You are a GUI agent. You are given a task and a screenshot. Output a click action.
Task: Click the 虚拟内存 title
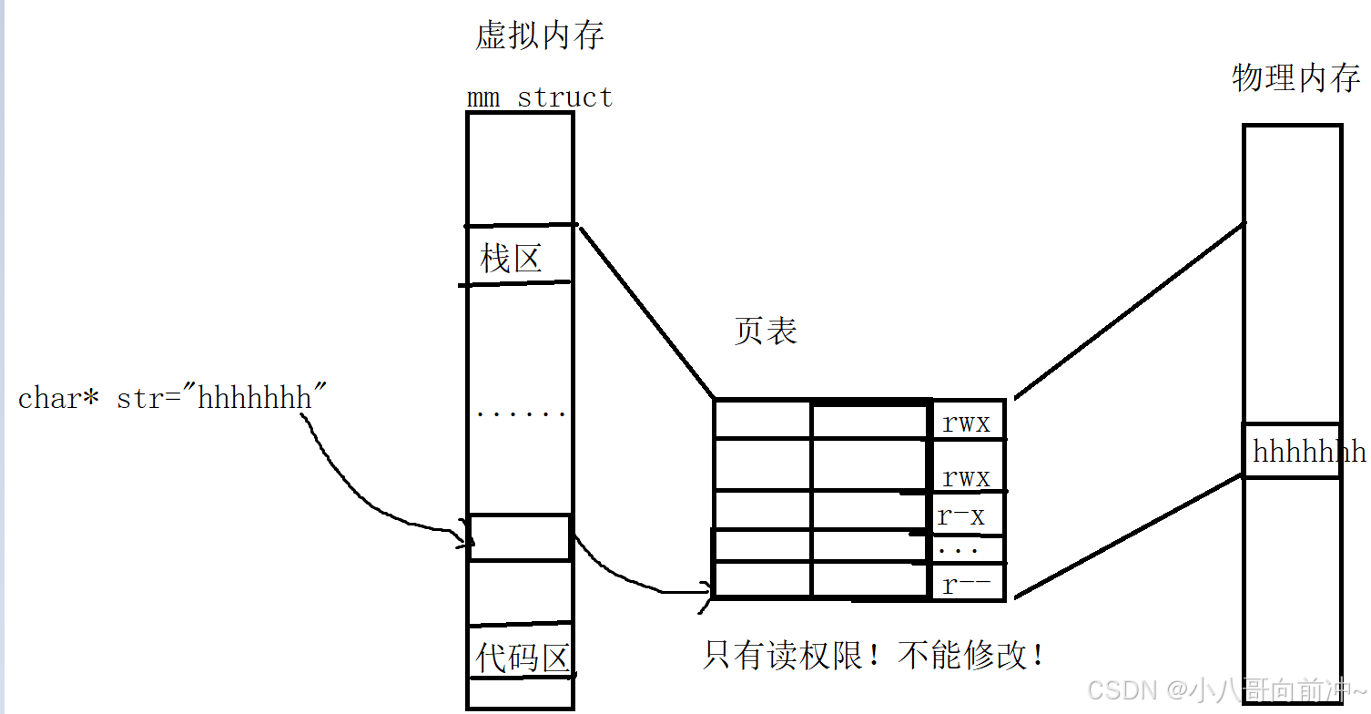coord(540,36)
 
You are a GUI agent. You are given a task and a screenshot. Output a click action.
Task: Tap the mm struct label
coord(539,97)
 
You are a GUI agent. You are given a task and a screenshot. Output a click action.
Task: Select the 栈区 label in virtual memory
coord(512,260)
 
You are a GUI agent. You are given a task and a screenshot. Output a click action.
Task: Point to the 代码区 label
coord(522,658)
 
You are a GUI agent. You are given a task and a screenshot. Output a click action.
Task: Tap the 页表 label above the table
coord(766,331)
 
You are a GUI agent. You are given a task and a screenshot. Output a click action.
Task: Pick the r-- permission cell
coord(966,584)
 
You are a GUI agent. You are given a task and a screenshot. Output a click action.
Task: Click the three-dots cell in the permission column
coord(966,550)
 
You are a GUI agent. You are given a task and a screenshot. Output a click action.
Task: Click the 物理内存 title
coord(1296,78)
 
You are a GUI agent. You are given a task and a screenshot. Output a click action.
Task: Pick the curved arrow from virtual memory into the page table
coord(628,578)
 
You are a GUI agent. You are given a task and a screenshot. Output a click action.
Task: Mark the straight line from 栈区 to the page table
coord(646,310)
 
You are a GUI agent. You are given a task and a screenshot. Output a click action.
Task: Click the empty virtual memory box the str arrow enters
coord(520,537)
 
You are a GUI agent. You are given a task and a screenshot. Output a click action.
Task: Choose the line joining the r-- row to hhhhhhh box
coord(1129,537)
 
